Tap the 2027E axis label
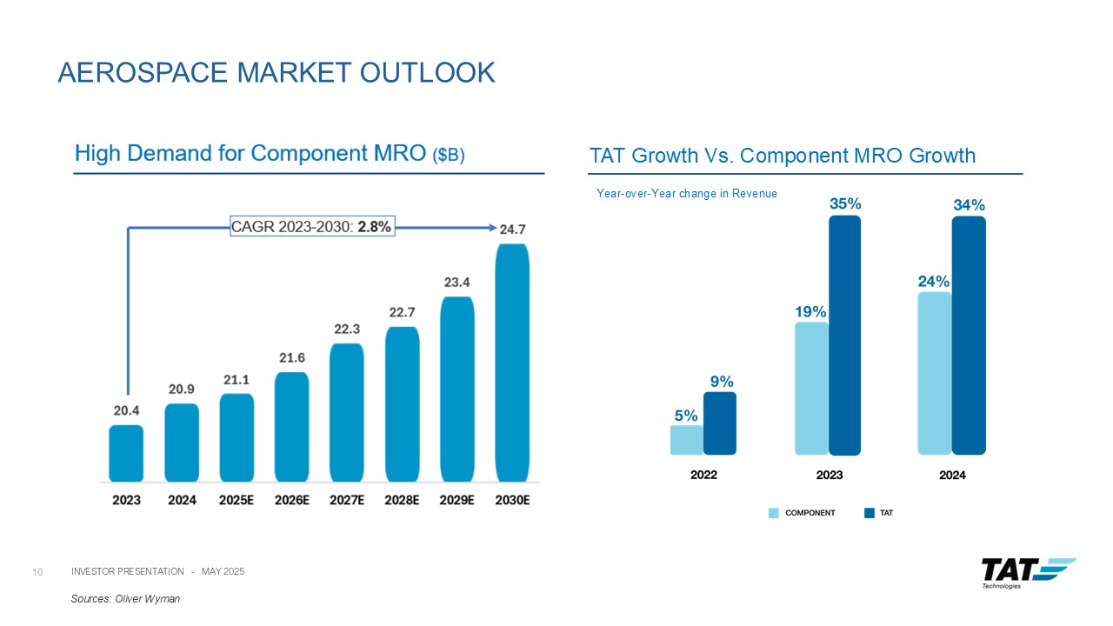click(x=346, y=501)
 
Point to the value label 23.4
click(x=457, y=283)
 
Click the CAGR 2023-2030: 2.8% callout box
click(x=312, y=227)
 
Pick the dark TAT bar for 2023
click(x=844, y=335)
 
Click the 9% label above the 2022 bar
click(x=721, y=381)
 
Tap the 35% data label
click(x=844, y=203)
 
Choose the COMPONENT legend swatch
click(x=774, y=513)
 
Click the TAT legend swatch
click(x=869, y=513)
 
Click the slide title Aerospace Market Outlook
click(x=276, y=72)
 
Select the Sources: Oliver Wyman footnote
click(x=125, y=599)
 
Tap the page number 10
click(x=37, y=571)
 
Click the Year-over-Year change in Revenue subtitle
click(x=686, y=193)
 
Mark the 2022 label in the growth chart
click(x=703, y=476)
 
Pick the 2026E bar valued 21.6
click(x=291, y=426)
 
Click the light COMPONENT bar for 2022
click(x=686, y=439)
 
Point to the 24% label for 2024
click(x=934, y=282)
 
